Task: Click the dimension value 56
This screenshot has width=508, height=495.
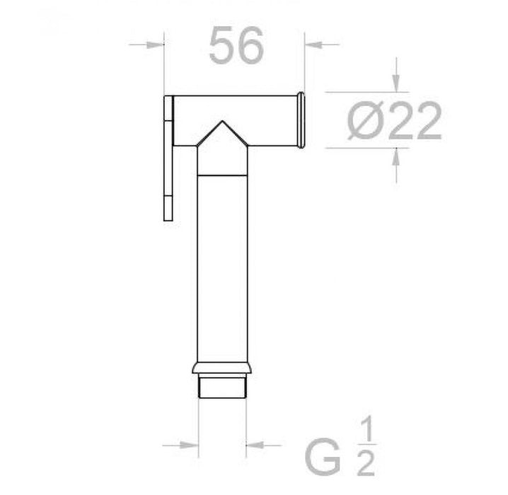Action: coord(236,47)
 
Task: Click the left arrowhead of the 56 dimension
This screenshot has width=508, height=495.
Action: coord(156,45)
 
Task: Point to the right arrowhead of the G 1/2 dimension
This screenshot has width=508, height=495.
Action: coord(253,445)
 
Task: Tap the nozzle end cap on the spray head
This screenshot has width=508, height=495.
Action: coord(301,120)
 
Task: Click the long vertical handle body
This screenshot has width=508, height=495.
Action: coord(221,269)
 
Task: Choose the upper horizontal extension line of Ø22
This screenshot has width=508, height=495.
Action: coord(361,92)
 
